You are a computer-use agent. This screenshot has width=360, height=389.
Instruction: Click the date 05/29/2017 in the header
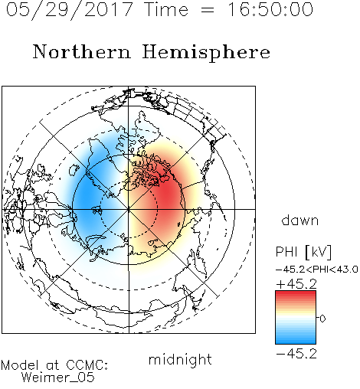[70, 10]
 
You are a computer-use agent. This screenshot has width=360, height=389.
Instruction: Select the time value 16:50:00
[270, 9]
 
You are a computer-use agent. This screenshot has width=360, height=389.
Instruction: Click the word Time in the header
[166, 9]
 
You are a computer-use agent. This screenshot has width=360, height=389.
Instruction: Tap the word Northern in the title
[82, 51]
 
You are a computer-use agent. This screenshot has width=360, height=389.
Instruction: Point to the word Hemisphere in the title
[206, 53]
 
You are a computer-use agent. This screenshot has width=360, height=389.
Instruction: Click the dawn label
[300, 220]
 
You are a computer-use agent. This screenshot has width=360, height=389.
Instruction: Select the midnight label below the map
[180, 359]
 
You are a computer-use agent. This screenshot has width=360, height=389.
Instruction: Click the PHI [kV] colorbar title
[303, 252]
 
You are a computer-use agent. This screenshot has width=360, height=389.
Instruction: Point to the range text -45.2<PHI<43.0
[317, 270]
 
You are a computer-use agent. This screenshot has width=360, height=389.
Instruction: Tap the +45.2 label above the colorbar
[296, 284]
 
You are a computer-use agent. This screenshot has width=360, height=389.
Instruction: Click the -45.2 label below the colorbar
[296, 354]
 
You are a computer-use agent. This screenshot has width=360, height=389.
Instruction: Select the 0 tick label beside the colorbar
[322, 319]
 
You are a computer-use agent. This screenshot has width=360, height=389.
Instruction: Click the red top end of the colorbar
[296, 293]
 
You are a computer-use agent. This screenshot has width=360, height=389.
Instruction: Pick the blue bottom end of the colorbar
[296, 342]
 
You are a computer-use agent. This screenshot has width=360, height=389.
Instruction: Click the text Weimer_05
[58, 377]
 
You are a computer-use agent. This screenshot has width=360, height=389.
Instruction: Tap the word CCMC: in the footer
[87, 365]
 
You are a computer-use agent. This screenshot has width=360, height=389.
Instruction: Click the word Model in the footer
[20, 365]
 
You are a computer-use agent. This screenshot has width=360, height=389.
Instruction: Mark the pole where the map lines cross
[129, 209]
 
